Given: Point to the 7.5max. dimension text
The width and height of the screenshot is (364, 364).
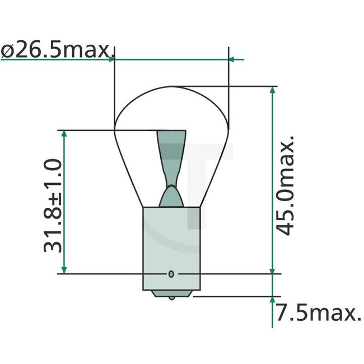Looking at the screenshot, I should (318, 314).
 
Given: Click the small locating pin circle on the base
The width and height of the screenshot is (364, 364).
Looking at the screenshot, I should (171, 274).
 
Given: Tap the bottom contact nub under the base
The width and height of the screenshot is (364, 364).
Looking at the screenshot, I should (171, 295).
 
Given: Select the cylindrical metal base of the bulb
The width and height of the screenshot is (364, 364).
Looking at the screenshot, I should (171, 246).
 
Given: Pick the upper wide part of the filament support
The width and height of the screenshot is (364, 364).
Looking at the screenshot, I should (171, 143).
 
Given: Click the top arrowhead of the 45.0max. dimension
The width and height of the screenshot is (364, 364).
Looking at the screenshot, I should (273, 91).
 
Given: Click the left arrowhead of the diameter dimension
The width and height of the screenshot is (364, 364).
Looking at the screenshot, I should (111, 58).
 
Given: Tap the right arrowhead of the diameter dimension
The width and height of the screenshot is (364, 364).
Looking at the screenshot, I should (234, 58).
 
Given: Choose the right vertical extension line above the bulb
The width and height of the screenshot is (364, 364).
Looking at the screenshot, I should (230, 73).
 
